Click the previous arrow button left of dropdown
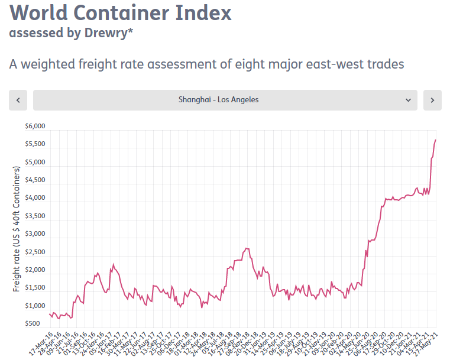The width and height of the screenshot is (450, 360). coord(18,100)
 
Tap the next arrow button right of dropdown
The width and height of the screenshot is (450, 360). coord(432,100)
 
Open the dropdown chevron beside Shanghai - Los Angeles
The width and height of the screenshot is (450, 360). coord(408,100)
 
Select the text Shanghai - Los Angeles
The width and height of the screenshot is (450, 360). coord(218,100)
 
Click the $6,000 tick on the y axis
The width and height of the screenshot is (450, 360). coord(35,127)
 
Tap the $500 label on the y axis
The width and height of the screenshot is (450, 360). coord(37,324)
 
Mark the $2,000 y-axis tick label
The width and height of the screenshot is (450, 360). coord(35,270)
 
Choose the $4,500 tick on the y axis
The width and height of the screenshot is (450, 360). coord(35,180)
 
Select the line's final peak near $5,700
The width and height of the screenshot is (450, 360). coord(436,140)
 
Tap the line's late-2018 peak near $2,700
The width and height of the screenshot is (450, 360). coord(247,248)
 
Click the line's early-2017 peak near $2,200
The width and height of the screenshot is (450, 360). coord(113,264)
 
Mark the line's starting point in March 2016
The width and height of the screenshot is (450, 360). coord(49,314)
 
